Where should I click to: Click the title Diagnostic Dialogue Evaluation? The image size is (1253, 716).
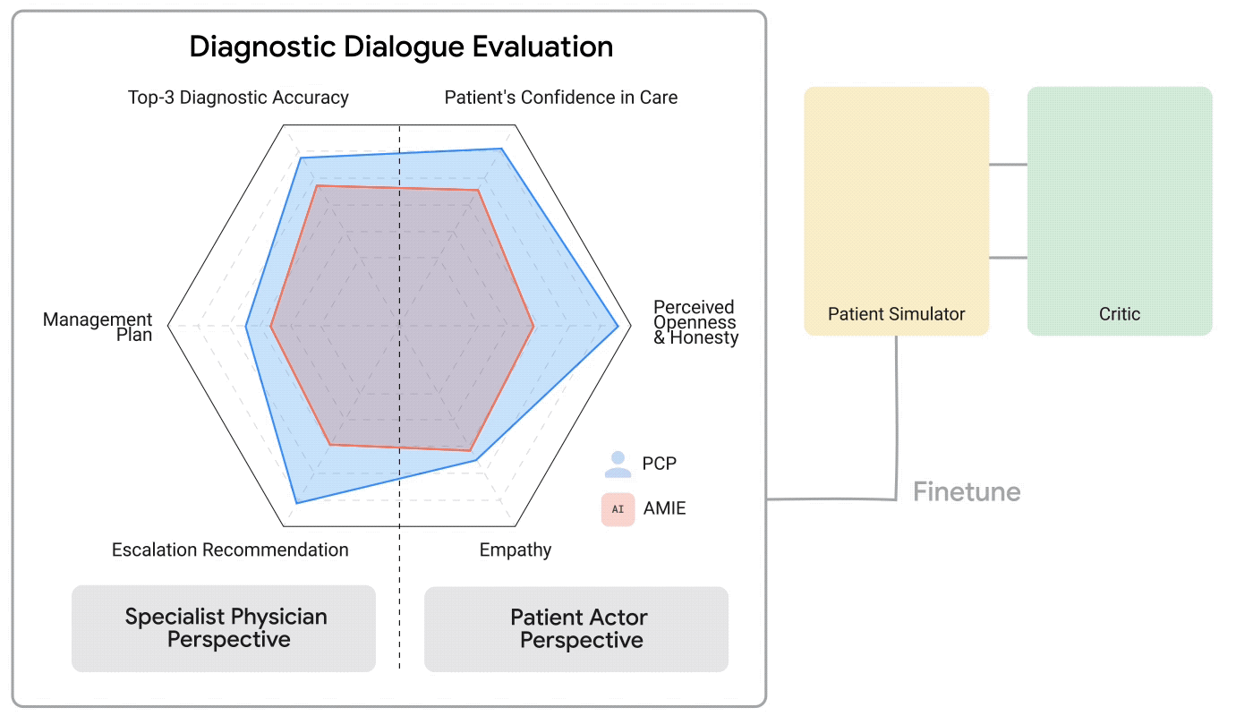coord(401,47)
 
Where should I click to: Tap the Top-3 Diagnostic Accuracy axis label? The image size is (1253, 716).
coord(238,98)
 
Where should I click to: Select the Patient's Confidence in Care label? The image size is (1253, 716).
coord(561,98)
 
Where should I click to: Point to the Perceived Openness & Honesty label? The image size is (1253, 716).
coord(695,322)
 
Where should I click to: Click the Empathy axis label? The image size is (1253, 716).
coord(516,550)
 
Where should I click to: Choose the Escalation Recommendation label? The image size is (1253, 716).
coord(230,550)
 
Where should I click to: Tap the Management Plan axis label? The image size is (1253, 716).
coord(98,327)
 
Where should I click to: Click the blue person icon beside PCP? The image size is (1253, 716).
coord(618,464)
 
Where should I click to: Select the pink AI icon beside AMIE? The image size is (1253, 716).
coord(618,509)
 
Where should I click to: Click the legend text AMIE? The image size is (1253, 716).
coord(665,509)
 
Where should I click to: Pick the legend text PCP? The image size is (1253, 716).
coord(660,464)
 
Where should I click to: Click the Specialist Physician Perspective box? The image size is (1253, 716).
coord(224,628)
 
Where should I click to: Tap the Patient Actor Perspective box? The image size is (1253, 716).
coord(576,628)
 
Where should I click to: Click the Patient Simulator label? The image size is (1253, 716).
coord(896,314)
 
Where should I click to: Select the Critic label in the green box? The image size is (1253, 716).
coord(1119,314)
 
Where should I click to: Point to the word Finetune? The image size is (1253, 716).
coord(967,492)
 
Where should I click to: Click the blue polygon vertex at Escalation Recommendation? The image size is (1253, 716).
coord(295,503)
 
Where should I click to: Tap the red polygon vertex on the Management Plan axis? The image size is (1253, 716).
coord(271,327)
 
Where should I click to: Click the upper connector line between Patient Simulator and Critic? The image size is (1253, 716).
coord(1008,164)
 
